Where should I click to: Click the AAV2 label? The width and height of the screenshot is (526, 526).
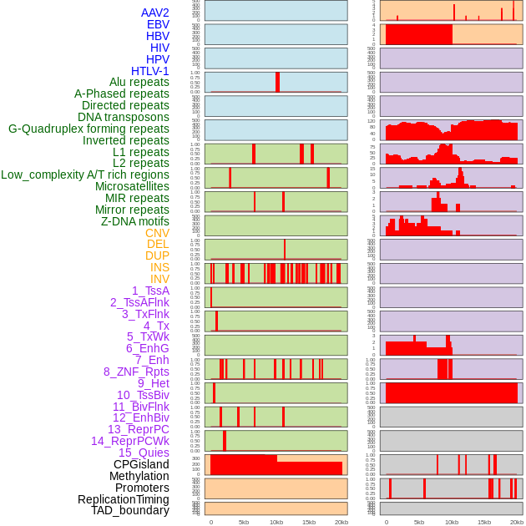point(155,13)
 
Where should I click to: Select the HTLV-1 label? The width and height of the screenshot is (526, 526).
point(149,71)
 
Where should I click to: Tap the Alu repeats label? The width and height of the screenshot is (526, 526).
point(139,83)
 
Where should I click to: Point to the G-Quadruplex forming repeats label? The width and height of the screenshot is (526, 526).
point(89,129)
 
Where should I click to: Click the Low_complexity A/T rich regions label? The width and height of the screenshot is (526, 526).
point(85,174)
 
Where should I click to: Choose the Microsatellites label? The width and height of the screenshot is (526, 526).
point(132,186)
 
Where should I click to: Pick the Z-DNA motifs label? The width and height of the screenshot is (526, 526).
point(135,221)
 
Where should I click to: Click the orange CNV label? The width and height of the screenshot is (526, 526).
point(157,233)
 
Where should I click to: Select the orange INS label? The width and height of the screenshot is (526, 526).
point(159,267)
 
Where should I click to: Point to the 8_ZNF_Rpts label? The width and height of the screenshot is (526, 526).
point(136,372)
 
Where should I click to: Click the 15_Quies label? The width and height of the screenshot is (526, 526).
point(144,453)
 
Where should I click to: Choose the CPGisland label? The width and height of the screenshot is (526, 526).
point(141,464)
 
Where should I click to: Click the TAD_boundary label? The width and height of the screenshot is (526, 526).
point(130,510)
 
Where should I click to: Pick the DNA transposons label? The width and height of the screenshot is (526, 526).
point(124,117)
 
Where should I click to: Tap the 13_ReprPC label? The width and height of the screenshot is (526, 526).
point(138,429)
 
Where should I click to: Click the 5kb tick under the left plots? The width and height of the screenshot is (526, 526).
point(244,522)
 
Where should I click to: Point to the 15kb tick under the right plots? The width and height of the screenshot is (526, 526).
point(484,522)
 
